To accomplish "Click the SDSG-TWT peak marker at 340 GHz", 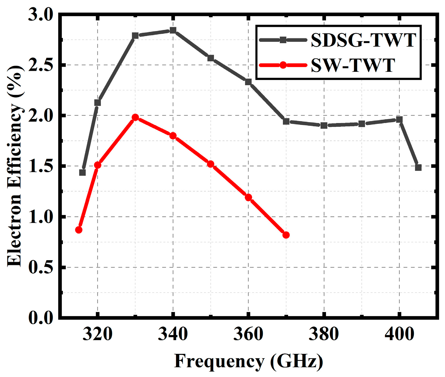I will point(173,30).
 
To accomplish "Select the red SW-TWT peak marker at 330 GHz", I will point(135,117).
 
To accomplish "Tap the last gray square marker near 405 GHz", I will point(418,167).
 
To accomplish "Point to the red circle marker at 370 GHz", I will point(286,235).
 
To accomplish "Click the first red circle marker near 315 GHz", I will point(79,230).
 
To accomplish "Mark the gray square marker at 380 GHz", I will point(324,125).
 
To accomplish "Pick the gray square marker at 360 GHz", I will point(248,82).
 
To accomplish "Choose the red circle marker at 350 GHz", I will point(210,164).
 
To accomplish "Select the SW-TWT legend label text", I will point(353,65).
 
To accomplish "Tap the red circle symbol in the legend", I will point(283,65).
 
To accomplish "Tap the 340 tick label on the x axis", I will point(173,334).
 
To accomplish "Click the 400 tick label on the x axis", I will point(399,334).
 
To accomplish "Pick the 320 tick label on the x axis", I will point(97,334).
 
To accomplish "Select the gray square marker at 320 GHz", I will point(97,103).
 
